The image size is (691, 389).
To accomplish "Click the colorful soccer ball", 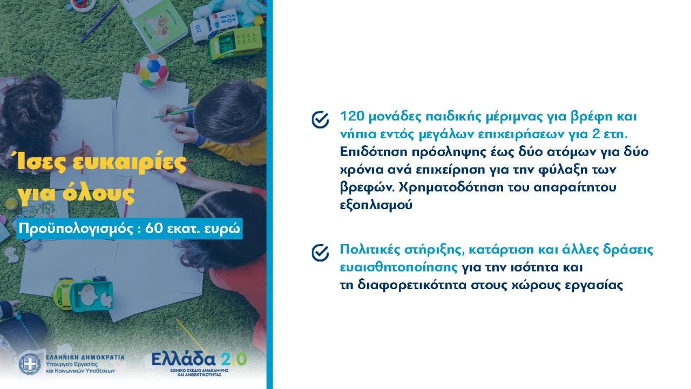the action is click(x=152, y=70).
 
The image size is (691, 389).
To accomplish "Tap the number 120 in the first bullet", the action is click(x=351, y=116).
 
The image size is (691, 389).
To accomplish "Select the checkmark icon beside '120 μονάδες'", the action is click(x=320, y=119).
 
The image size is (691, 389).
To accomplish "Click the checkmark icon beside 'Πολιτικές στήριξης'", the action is click(x=320, y=253).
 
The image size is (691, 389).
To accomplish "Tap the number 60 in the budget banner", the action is click(x=154, y=229).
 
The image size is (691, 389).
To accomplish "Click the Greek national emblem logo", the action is click(x=30, y=364).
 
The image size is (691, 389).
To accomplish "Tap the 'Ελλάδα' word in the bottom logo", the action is click(x=183, y=359).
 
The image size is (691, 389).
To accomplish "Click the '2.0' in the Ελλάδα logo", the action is click(x=234, y=359).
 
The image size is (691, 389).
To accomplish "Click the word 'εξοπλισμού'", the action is click(x=376, y=206).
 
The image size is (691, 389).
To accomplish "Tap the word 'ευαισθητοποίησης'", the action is click(x=398, y=267).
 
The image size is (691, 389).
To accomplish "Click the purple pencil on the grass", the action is click(x=98, y=23).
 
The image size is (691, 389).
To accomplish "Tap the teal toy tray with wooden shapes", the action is click(x=91, y=296).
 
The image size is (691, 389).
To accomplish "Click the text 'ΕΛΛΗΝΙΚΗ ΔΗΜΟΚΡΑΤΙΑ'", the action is click(x=85, y=358).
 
